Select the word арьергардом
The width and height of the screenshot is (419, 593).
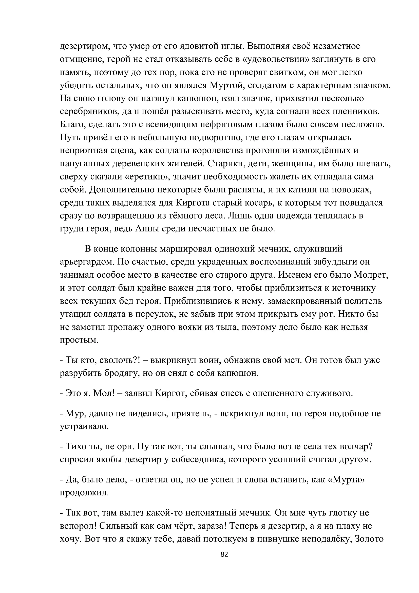pos(87,262)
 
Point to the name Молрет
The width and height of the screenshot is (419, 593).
pos(371,275)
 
